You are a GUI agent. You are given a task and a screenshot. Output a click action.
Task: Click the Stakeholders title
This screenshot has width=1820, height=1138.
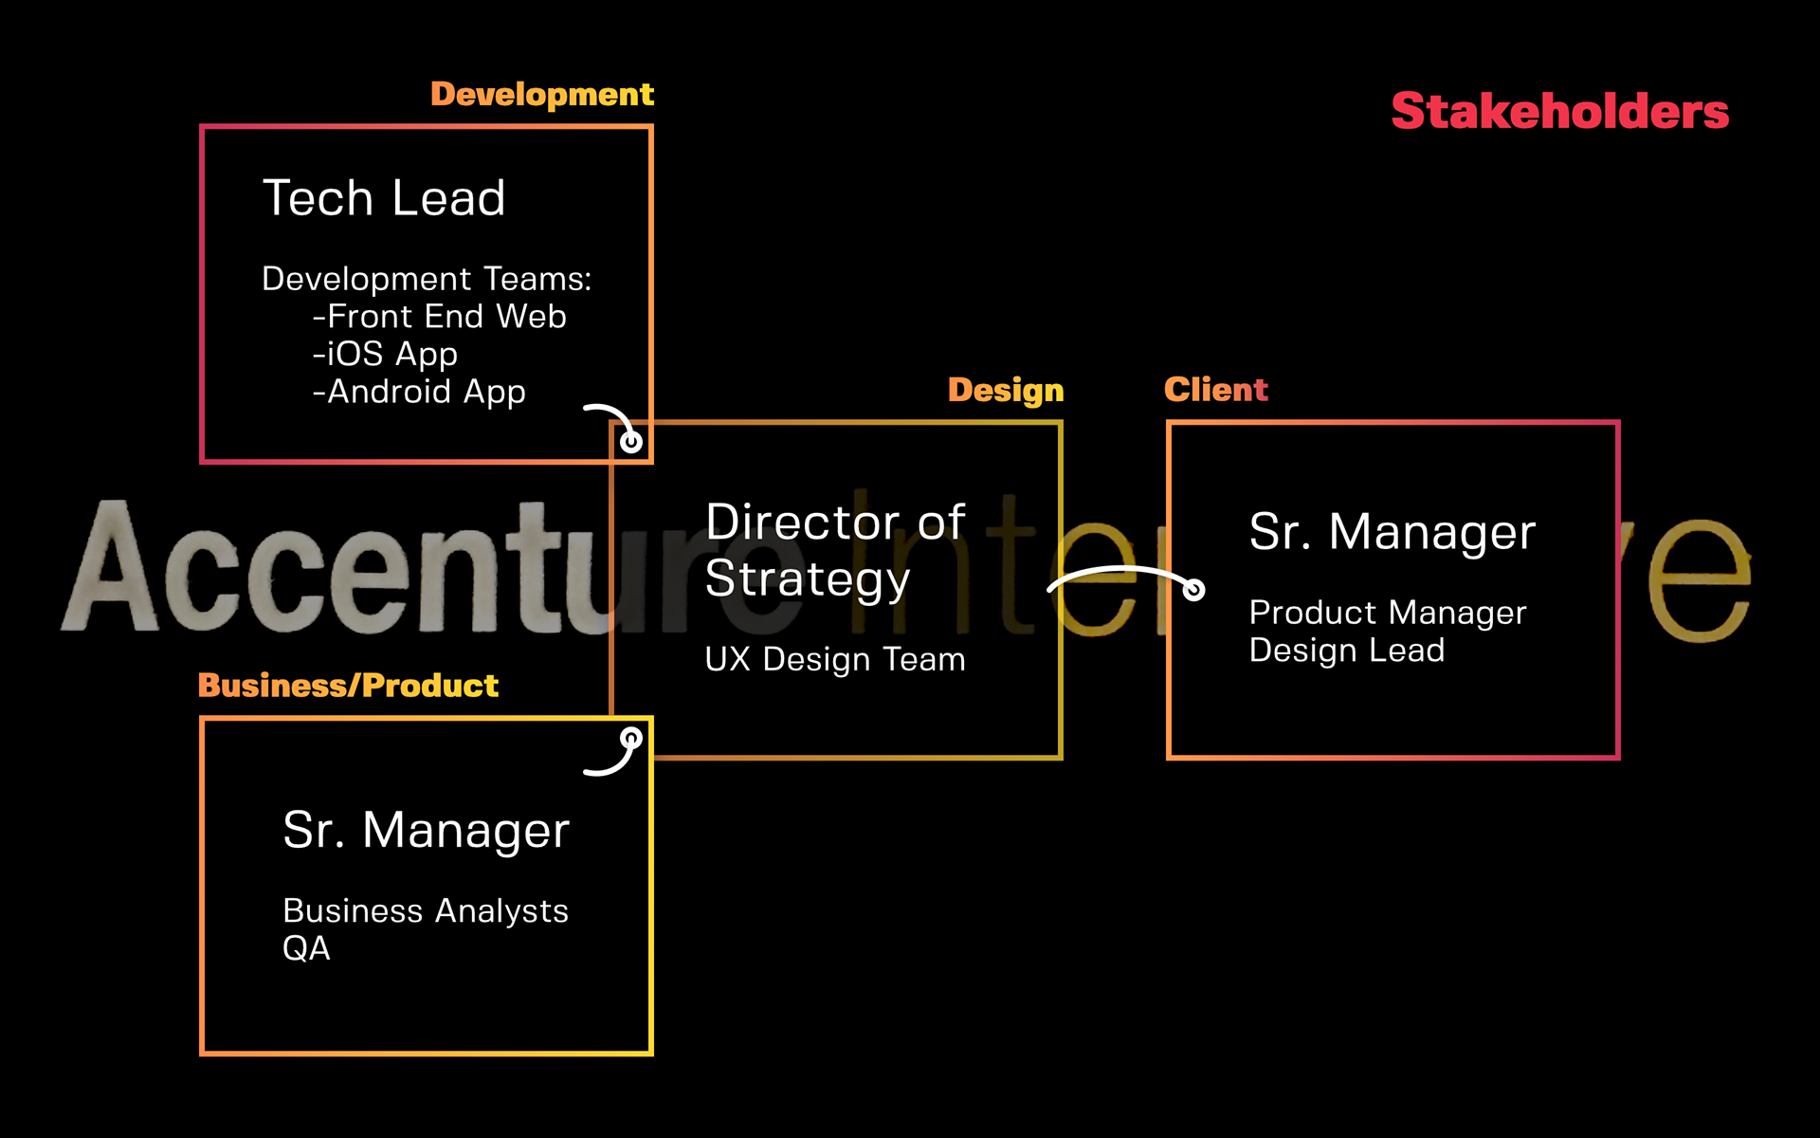point(1559,111)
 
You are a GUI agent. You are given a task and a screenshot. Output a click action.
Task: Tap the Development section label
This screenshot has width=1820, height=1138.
point(541,94)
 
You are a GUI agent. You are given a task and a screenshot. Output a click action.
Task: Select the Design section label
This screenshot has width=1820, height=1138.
point(1006,390)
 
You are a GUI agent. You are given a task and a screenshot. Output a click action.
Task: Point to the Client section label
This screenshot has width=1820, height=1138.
point(1215,389)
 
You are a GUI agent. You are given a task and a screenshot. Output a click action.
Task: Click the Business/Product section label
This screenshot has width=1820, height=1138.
point(348,685)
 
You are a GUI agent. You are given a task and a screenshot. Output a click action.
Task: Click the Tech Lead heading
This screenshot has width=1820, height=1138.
point(384,198)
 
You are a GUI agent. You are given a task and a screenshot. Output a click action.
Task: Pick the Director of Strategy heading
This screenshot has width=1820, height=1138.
point(834,550)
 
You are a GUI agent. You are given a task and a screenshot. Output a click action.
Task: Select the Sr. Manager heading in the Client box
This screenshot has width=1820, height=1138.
point(1392,531)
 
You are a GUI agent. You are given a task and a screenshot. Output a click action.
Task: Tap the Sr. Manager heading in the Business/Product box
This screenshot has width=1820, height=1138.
point(426,830)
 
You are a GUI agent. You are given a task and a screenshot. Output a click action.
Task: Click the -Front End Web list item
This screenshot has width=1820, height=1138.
point(440,316)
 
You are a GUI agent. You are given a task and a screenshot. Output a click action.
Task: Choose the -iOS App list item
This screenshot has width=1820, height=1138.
point(385,354)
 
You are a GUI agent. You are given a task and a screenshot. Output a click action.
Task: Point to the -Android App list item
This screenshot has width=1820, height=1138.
point(419,392)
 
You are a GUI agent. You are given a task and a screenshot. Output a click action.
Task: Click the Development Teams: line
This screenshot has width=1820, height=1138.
point(427,279)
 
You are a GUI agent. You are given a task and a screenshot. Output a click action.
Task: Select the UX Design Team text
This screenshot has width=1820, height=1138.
point(834,659)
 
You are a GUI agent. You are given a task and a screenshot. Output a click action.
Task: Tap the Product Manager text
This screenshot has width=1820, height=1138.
point(1388,613)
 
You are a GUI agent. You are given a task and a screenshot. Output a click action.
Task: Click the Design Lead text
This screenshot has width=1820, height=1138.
point(1346,651)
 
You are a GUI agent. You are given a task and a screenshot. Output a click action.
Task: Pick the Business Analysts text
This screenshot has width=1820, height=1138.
point(426,910)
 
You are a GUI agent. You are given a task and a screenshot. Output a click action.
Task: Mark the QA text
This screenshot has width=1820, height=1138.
point(306,948)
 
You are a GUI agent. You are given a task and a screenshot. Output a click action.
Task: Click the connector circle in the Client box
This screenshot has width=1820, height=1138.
point(1194,590)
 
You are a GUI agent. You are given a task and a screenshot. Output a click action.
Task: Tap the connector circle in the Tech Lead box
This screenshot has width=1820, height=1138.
point(631,441)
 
